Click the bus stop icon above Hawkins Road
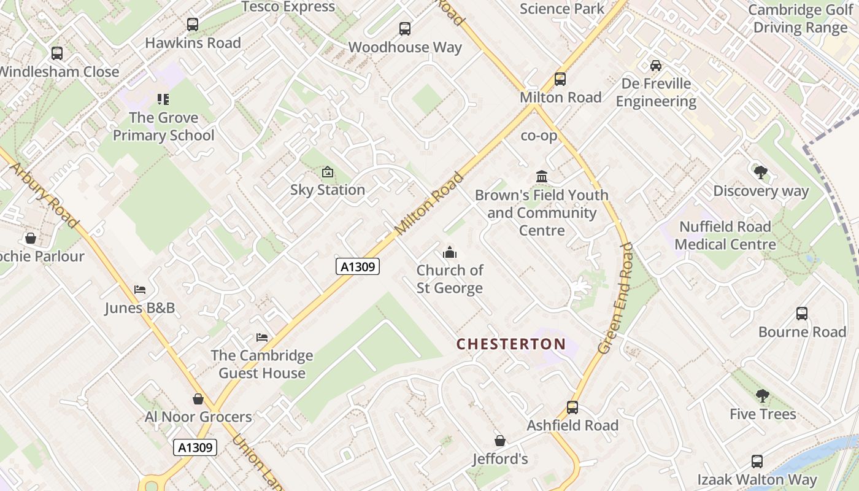click(x=193, y=25)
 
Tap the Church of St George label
click(x=450, y=279)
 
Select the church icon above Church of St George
click(x=450, y=252)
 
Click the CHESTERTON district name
click(x=511, y=344)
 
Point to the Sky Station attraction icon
click(x=328, y=172)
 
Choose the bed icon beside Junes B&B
click(x=140, y=290)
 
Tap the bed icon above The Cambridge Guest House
click(x=262, y=338)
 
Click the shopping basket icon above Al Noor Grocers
click(x=198, y=399)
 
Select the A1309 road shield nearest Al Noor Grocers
click(x=195, y=447)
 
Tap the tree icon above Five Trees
click(x=762, y=396)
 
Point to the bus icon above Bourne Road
click(x=802, y=314)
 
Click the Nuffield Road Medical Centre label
click(x=725, y=236)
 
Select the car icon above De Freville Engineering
click(x=656, y=66)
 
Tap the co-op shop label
click(x=539, y=136)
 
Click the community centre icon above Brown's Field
click(x=542, y=177)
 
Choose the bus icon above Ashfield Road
click(x=572, y=407)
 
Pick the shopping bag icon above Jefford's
click(x=500, y=441)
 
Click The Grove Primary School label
click(x=164, y=126)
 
